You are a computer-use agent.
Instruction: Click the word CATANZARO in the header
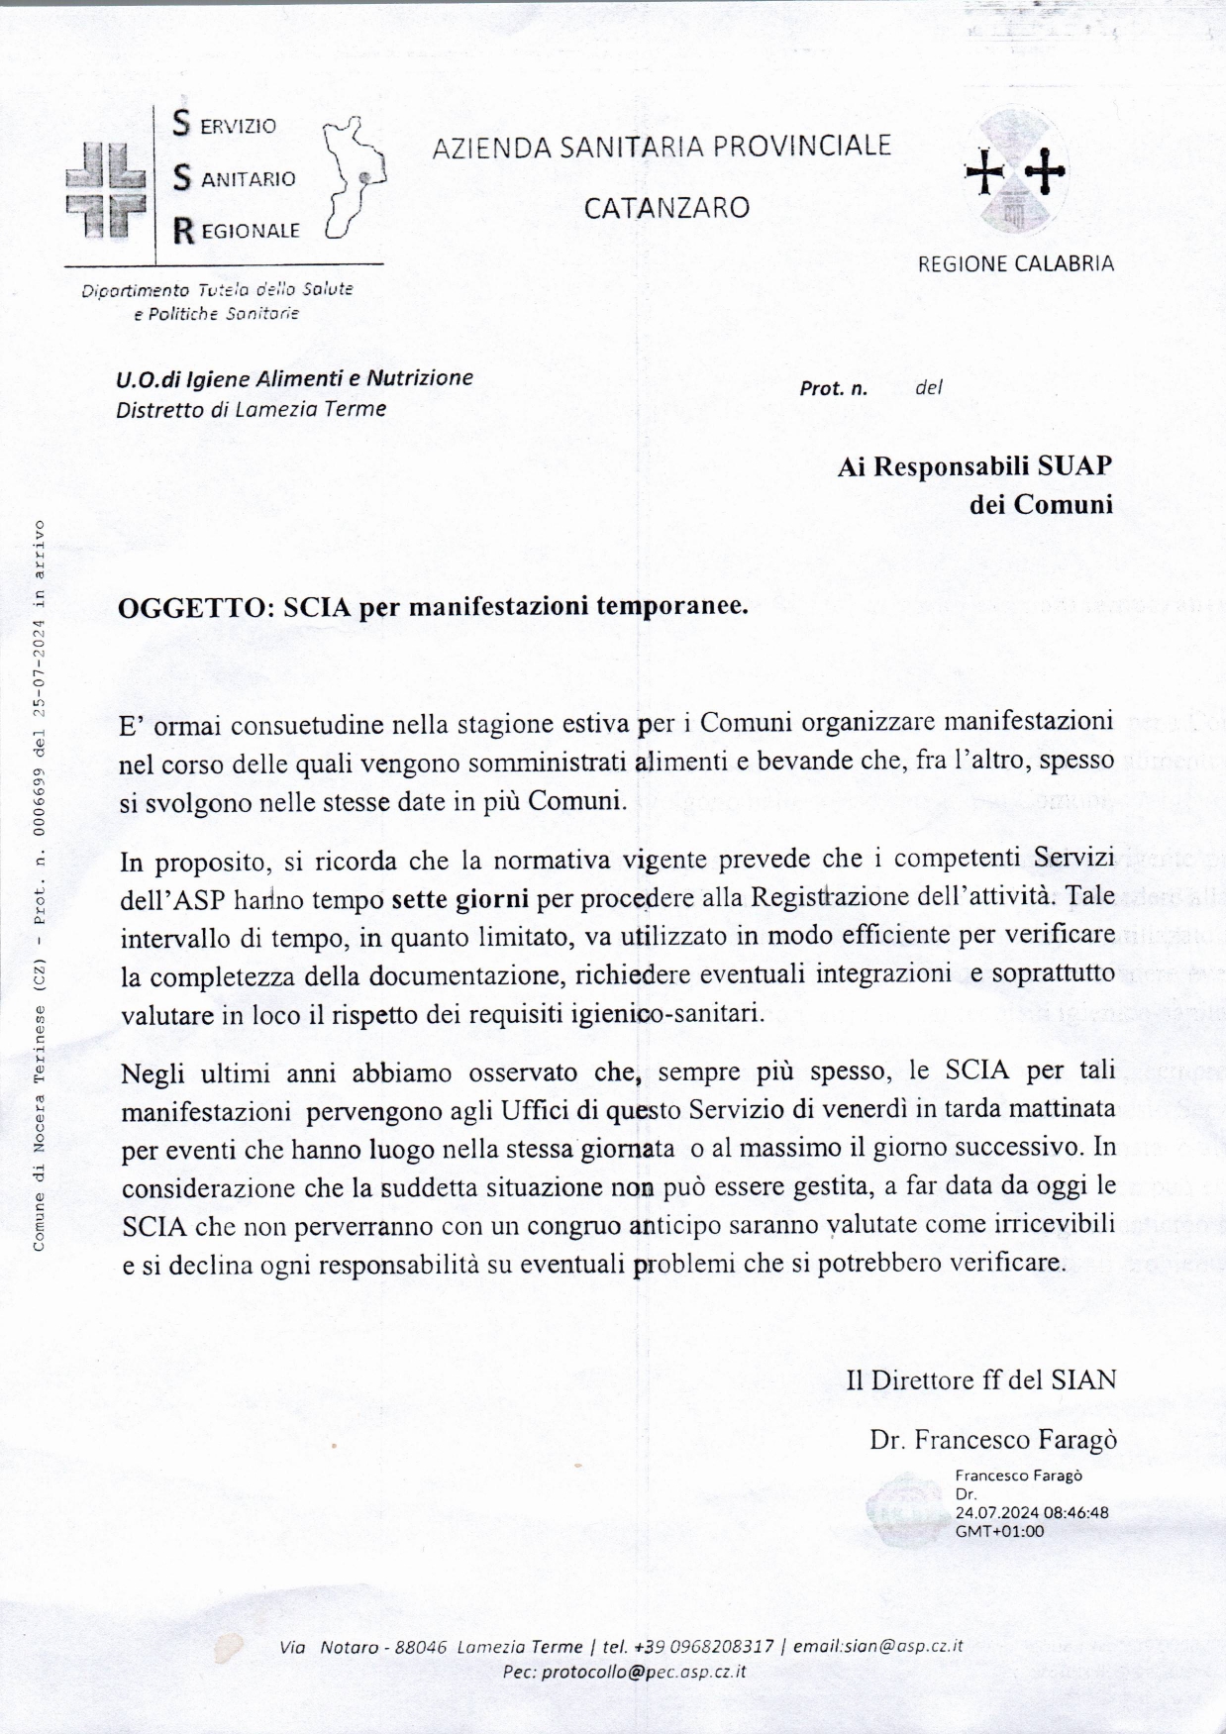click(x=665, y=208)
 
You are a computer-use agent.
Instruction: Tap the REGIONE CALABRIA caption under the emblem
click(x=1015, y=264)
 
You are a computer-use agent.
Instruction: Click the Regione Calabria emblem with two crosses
click(x=1015, y=173)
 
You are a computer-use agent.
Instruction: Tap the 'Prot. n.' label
click(x=833, y=388)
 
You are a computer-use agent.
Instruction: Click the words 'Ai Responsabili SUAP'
click(x=974, y=465)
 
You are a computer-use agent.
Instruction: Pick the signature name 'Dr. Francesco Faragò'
click(x=992, y=1439)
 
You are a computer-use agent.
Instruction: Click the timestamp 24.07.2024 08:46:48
click(x=1031, y=1512)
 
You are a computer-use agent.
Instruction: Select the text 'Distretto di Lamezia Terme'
click(x=251, y=409)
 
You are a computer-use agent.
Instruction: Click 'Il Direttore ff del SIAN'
click(x=980, y=1379)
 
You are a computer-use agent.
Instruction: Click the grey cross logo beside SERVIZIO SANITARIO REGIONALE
click(x=105, y=189)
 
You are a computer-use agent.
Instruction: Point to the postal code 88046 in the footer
click(x=421, y=1647)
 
